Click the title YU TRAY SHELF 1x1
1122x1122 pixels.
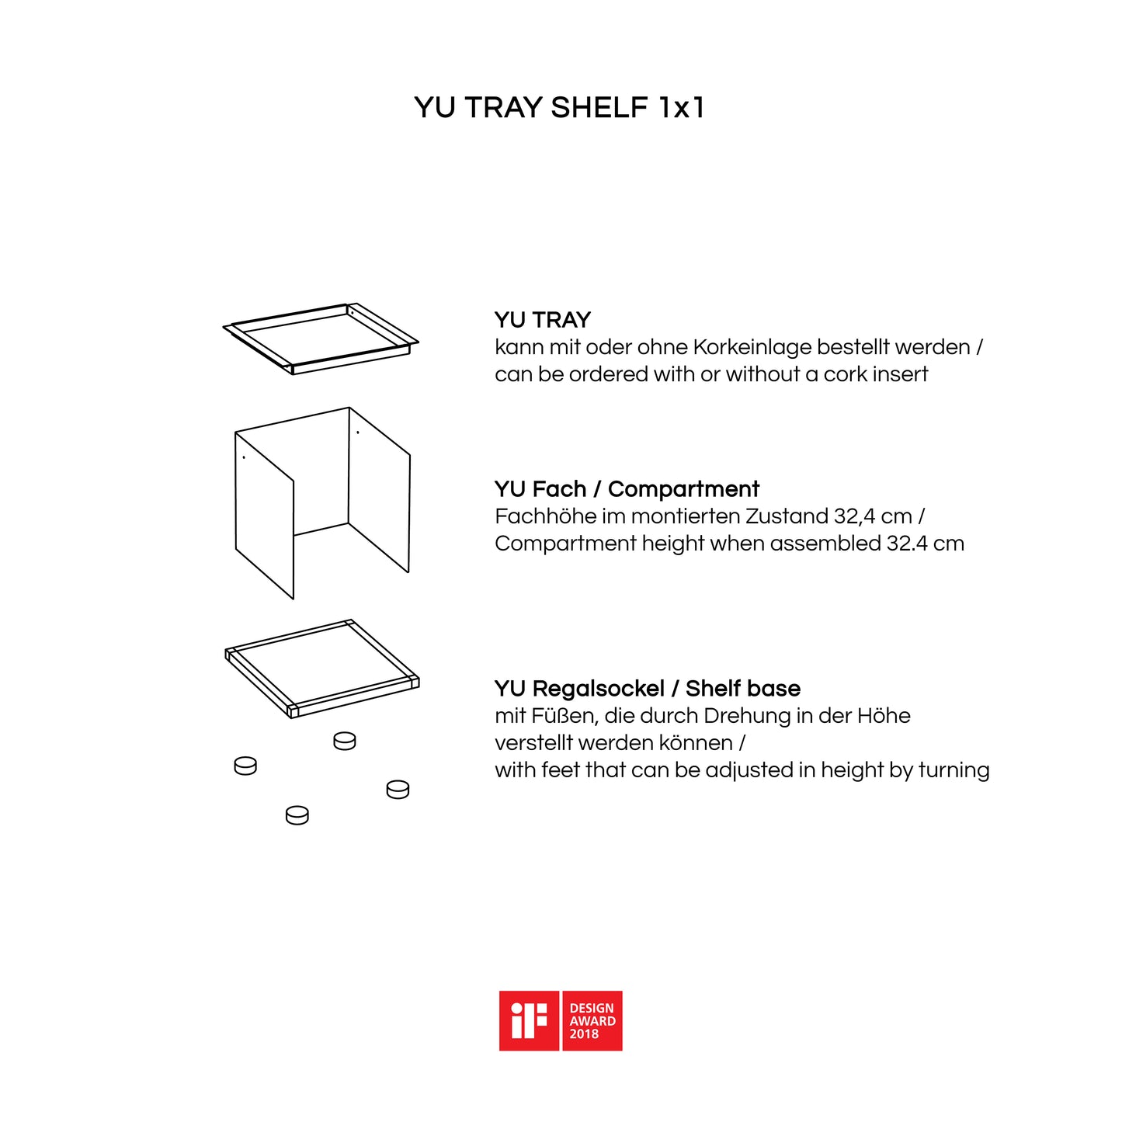point(560,108)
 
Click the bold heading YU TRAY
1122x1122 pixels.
point(543,320)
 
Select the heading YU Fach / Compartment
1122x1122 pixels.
point(627,489)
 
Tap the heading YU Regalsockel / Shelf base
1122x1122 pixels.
point(648,688)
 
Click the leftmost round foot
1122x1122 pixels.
point(245,766)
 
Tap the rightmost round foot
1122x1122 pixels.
point(398,790)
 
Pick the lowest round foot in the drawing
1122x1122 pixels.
point(297,815)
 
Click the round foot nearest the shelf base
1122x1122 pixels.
point(344,742)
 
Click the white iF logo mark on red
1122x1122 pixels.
point(529,1021)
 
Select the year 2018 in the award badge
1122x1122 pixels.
point(584,1034)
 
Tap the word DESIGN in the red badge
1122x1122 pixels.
point(592,1008)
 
